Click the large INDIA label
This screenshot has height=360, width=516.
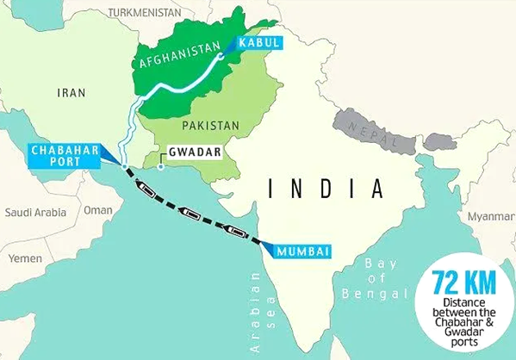click(x=324, y=187)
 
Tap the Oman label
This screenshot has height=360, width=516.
click(x=97, y=209)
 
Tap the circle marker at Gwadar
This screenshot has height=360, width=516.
click(x=160, y=166)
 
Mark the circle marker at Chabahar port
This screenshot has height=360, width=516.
click(x=126, y=165)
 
